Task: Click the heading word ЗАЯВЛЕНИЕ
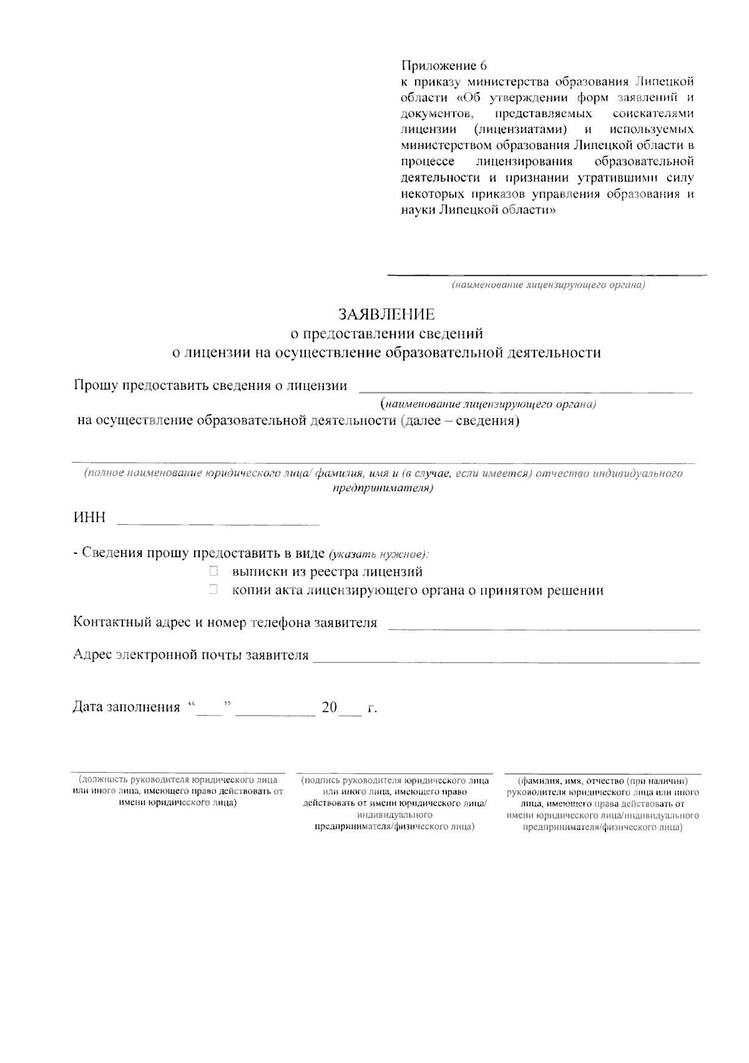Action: pos(386,314)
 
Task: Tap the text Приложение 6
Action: pos(443,66)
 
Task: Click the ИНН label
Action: pos(89,518)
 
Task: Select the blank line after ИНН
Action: pos(218,522)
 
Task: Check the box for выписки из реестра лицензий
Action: pos(213,571)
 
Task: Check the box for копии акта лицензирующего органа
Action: pos(213,590)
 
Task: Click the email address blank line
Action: pos(506,660)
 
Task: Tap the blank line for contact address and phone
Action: pos(544,628)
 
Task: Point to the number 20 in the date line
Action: pos(329,708)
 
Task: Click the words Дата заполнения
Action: pos(126,708)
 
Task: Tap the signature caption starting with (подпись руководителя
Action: pos(394,803)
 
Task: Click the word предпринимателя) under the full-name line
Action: pos(383,488)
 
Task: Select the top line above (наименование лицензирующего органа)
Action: pos(547,273)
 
